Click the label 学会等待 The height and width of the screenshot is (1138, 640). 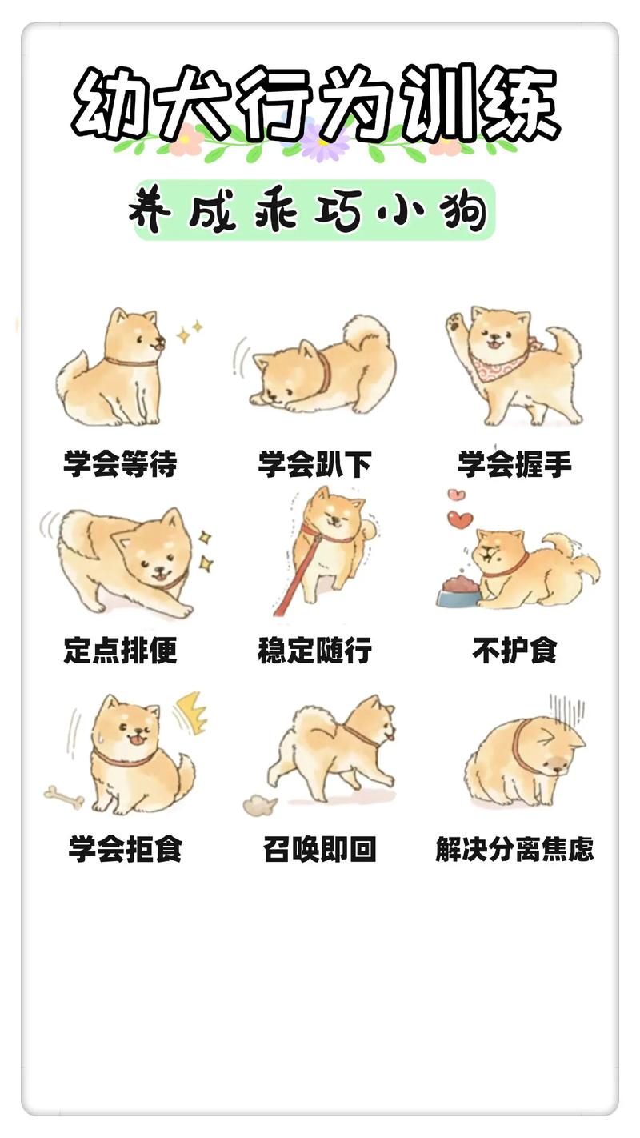coord(120,464)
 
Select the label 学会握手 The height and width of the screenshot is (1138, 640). coord(514,464)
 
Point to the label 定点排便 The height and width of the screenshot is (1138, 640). coord(120,651)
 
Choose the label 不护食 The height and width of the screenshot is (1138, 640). coord(514,651)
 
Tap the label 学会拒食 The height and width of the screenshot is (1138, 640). coord(125,848)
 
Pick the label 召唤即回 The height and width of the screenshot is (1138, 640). coord(319,848)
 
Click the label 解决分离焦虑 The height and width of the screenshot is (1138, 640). coord(514,848)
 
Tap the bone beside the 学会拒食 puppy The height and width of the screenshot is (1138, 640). coord(63,795)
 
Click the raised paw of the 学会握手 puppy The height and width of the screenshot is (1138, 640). coord(455,324)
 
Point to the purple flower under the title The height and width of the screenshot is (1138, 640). coord(323,141)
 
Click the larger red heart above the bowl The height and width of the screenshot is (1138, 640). coord(459,519)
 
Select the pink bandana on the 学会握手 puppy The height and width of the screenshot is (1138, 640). coord(501,367)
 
